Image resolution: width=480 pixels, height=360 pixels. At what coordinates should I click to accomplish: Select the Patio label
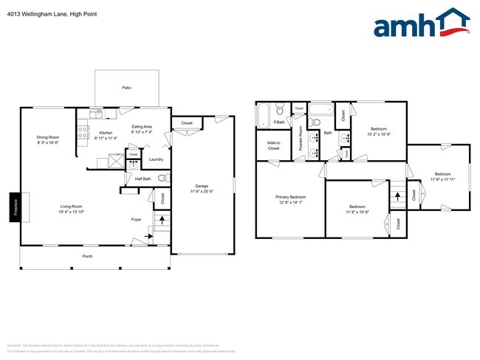pos(127,88)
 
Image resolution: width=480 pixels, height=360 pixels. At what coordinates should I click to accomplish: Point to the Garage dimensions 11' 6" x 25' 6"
pos(202,191)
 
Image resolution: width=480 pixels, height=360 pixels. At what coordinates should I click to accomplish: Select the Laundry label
pos(156,159)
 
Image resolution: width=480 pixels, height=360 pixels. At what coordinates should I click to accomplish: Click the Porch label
pos(87,256)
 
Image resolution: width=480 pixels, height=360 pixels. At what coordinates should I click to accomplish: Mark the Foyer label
pos(137,218)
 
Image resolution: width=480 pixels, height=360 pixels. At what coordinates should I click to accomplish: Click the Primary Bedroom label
pos(291,197)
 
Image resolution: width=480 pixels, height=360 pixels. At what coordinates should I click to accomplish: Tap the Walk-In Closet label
pos(273,146)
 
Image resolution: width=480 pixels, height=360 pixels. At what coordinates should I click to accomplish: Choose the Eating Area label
pos(142,127)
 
